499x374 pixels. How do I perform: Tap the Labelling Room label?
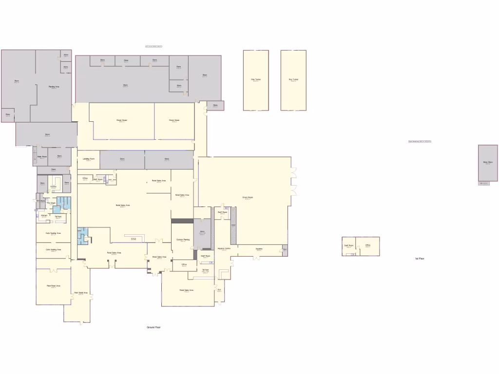click(89, 159)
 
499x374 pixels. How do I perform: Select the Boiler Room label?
click(42, 156)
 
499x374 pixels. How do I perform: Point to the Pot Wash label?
click(51, 203)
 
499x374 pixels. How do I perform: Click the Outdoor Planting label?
click(183, 240)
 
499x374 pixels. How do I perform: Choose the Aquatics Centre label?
click(224, 248)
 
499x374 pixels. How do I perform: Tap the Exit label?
click(219, 290)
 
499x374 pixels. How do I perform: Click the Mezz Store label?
click(488, 162)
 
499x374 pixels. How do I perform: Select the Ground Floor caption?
click(154, 327)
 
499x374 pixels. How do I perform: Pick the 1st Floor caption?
click(420, 258)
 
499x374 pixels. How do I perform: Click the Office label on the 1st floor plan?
click(367, 245)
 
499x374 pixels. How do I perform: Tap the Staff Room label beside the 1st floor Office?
click(348, 245)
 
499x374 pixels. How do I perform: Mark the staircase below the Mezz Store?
click(484, 183)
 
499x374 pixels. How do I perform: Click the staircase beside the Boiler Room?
click(34, 155)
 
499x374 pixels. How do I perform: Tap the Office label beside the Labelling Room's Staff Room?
click(85, 178)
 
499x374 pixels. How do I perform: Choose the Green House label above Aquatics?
click(248, 197)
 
